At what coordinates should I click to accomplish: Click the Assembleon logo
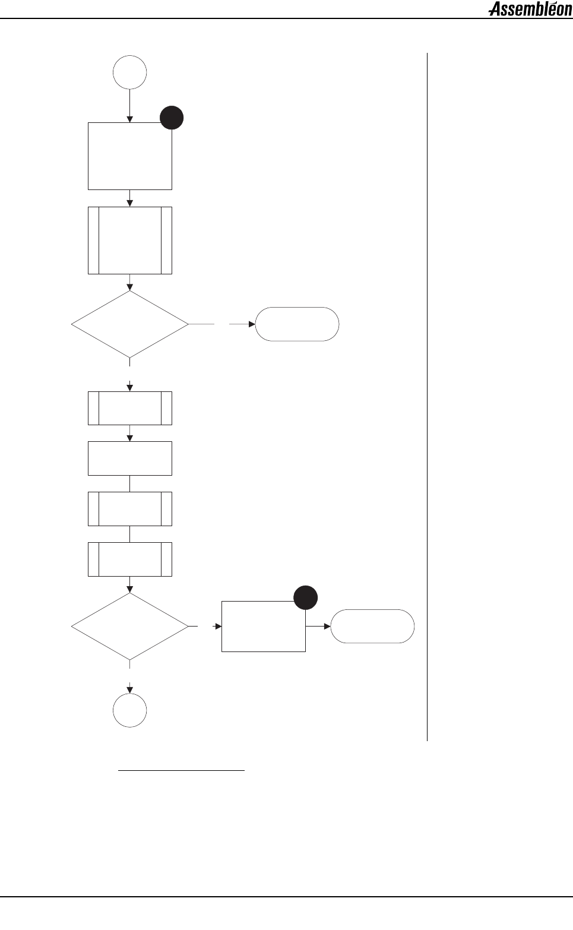530,10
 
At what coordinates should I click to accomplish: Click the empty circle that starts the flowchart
130,72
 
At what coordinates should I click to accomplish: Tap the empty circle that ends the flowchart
130,710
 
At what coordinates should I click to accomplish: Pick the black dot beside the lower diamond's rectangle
305,597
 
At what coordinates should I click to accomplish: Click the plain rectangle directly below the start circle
130,156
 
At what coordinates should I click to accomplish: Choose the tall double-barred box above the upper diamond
130,241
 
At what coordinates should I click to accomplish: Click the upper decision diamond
130,324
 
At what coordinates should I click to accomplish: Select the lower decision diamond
130,627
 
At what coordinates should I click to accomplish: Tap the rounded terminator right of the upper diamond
297,324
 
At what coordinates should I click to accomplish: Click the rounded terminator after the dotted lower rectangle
372,627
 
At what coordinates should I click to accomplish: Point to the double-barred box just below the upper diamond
130,408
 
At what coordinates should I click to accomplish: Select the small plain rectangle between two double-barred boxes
130,458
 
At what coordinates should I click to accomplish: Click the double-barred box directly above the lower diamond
130,559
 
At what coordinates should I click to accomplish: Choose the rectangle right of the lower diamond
264,627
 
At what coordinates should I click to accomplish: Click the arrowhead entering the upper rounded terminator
252,324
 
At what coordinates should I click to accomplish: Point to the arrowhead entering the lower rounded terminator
327,627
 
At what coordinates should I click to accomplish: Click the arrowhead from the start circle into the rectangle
130,119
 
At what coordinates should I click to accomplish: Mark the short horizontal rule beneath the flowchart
182,771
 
